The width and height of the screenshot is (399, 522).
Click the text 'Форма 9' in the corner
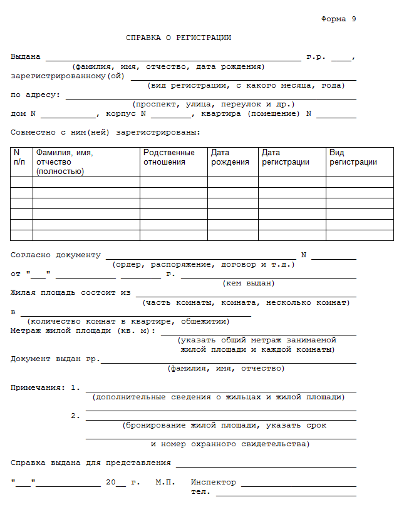click(x=338, y=19)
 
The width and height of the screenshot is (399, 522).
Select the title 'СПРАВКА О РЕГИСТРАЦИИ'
click(x=179, y=38)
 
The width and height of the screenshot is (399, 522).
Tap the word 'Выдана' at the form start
click(x=26, y=57)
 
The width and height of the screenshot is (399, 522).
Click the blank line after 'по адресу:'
click(x=210, y=98)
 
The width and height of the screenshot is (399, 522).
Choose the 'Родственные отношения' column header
click(x=168, y=157)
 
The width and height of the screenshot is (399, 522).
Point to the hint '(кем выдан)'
click(x=249, y=283)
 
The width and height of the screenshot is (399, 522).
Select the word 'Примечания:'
click(x=37, y=387)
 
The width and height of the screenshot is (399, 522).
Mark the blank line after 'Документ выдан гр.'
click(x=228, y=362)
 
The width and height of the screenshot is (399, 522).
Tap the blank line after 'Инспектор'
click(x=298, y=485)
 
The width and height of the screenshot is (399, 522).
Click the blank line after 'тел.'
click(x=286, y=494)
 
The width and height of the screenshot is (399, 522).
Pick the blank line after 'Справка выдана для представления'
click(x=266, y=466)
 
